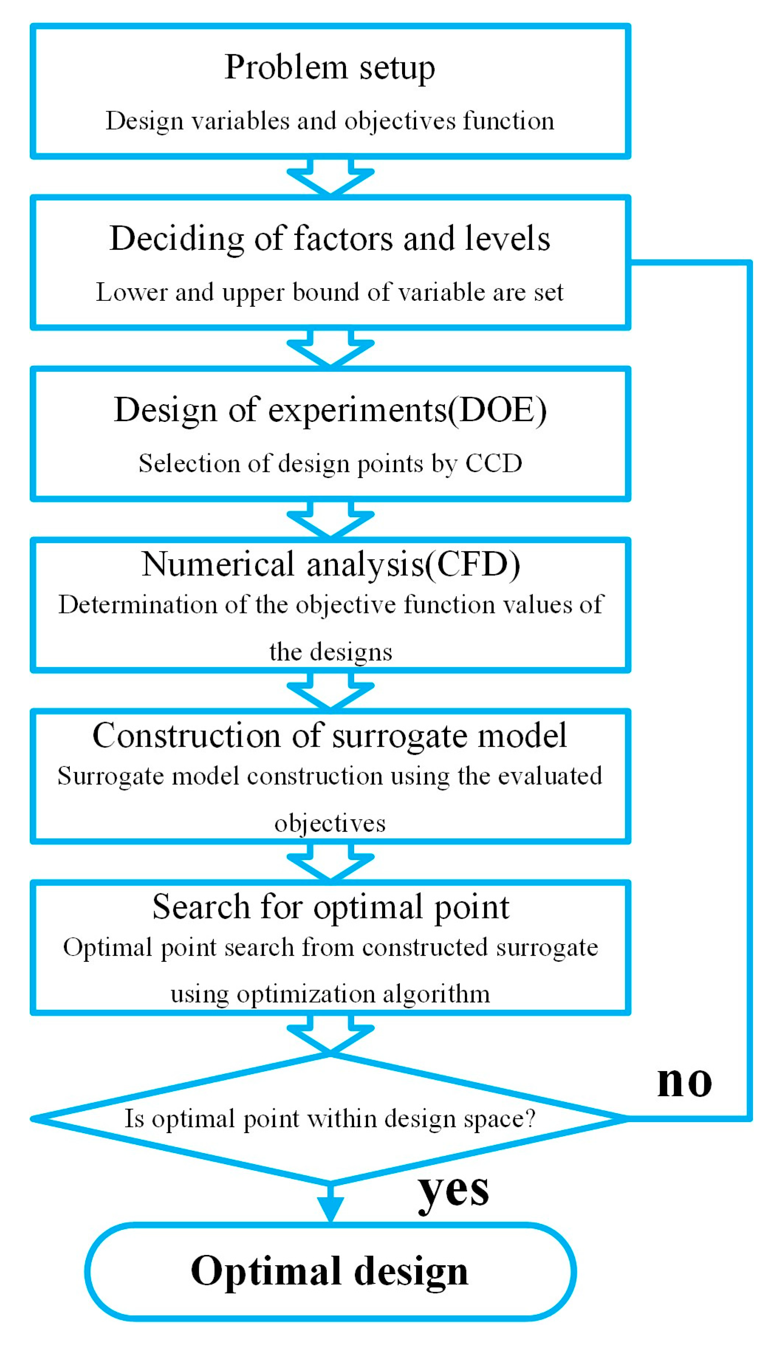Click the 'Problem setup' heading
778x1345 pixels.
click(330, 68)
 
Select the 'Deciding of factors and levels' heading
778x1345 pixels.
click(330, 238)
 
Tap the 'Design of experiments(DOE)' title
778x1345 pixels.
click(330, 410)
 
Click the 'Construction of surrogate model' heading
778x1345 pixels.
click(330, 736)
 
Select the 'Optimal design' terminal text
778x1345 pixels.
click(330, 1271)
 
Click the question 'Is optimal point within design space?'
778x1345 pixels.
click(330, 1118)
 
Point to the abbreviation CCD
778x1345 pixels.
click(494, 463)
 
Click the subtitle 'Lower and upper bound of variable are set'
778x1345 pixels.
click(330, 292)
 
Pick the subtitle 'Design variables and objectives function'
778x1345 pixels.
click(330, 121)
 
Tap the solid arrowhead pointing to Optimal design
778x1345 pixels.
click(330, 1208)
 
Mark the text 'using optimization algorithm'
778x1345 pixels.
click(330, 994)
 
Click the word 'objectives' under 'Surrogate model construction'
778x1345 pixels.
click(330, 823)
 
